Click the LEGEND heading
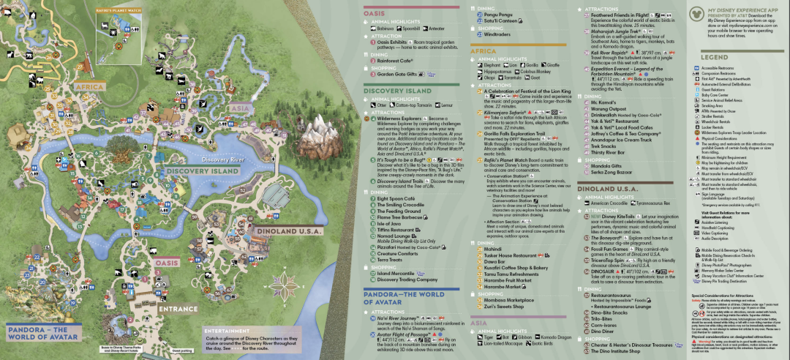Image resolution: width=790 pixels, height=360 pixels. click(714, 57)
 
